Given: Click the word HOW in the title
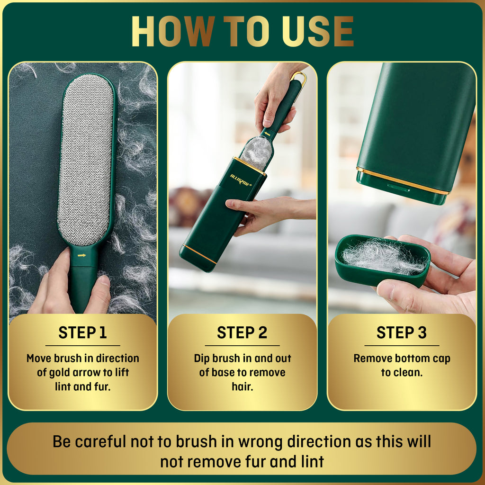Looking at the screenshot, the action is pos(173,31).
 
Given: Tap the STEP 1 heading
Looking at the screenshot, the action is pos(82,332).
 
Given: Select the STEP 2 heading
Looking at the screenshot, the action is pos(242,332).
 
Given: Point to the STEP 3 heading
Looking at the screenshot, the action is pos(402,332).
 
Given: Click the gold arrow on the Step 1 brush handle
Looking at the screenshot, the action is pos(81,255).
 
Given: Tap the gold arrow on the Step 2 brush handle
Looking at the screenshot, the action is pos(267,134).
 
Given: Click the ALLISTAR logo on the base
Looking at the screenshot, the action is pos(241,180).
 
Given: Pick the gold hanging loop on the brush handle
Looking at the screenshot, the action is pos(299,83).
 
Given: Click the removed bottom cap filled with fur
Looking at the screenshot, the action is pos(383,260).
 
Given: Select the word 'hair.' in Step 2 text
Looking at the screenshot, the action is pos(242,386).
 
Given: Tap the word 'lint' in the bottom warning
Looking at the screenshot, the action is pos(313,461).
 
